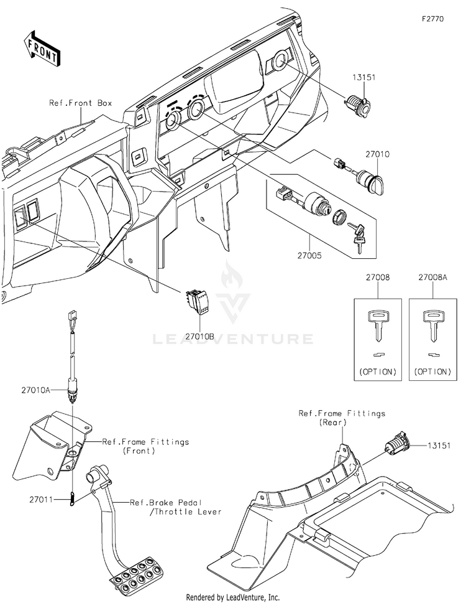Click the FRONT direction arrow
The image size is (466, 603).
pyautogui.click(x=42, y=48)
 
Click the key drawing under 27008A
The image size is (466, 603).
pyautogui.click(x=431, y=327)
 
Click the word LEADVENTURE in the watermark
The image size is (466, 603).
pyautogui.click(x=233, y=339)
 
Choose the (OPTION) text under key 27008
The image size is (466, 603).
pyautogui.click(x=377, y=372)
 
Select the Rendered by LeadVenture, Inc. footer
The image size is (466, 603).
pyautogui.click(x=232, y=596)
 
